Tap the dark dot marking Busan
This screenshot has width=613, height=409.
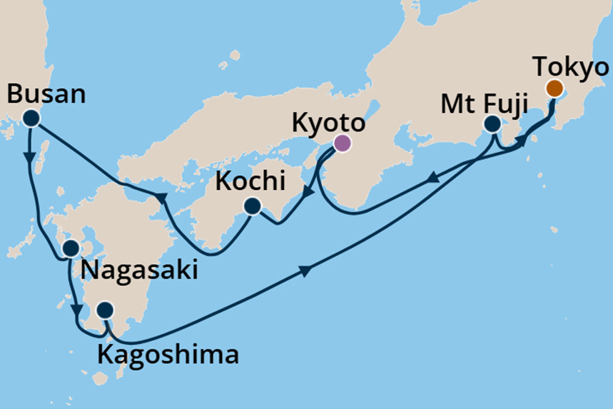click(31, 118)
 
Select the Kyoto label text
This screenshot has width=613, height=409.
click(328, 123)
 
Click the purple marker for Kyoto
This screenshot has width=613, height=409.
click(343, 143)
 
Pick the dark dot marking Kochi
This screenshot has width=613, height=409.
click(252, 207)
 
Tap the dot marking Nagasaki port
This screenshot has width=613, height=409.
click(71, 248)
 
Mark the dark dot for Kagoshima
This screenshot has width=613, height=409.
click(105, 310)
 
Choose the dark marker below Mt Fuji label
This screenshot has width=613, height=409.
click(492, 124)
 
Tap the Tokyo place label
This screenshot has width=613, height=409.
click(572, 68)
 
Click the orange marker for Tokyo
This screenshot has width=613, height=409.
click(554, 89)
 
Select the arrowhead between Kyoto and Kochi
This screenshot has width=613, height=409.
click(305, 191)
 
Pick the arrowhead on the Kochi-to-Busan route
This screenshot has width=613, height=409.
click(161, 197)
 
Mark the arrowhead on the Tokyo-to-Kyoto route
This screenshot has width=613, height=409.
click(432, 182)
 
